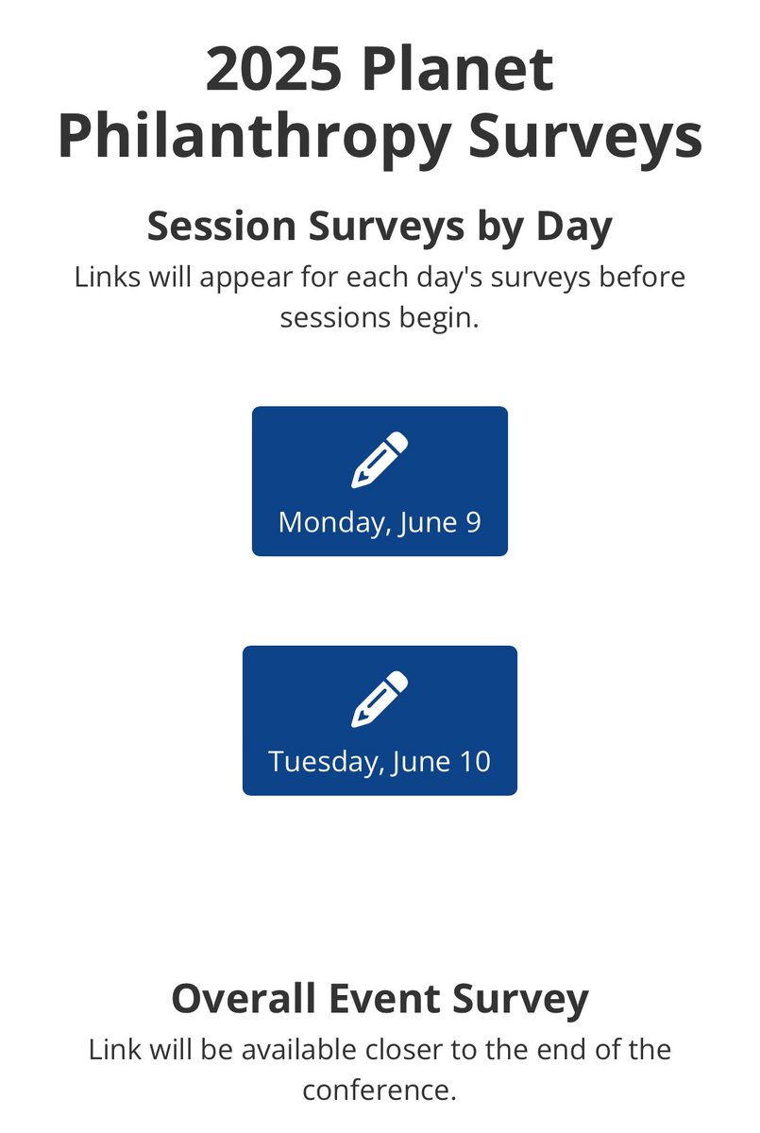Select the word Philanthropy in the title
point(253,136)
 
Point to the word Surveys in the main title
point(586,136)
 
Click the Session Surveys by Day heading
point(380,227)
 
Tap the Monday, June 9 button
point(380,482)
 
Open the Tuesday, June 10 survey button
point(380,720)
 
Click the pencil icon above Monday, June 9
point(380,460)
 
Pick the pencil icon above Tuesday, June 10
point(380,699)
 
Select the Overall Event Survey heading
point(380,999)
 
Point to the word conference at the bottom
point(380,1091)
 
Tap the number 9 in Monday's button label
point(472,522)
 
